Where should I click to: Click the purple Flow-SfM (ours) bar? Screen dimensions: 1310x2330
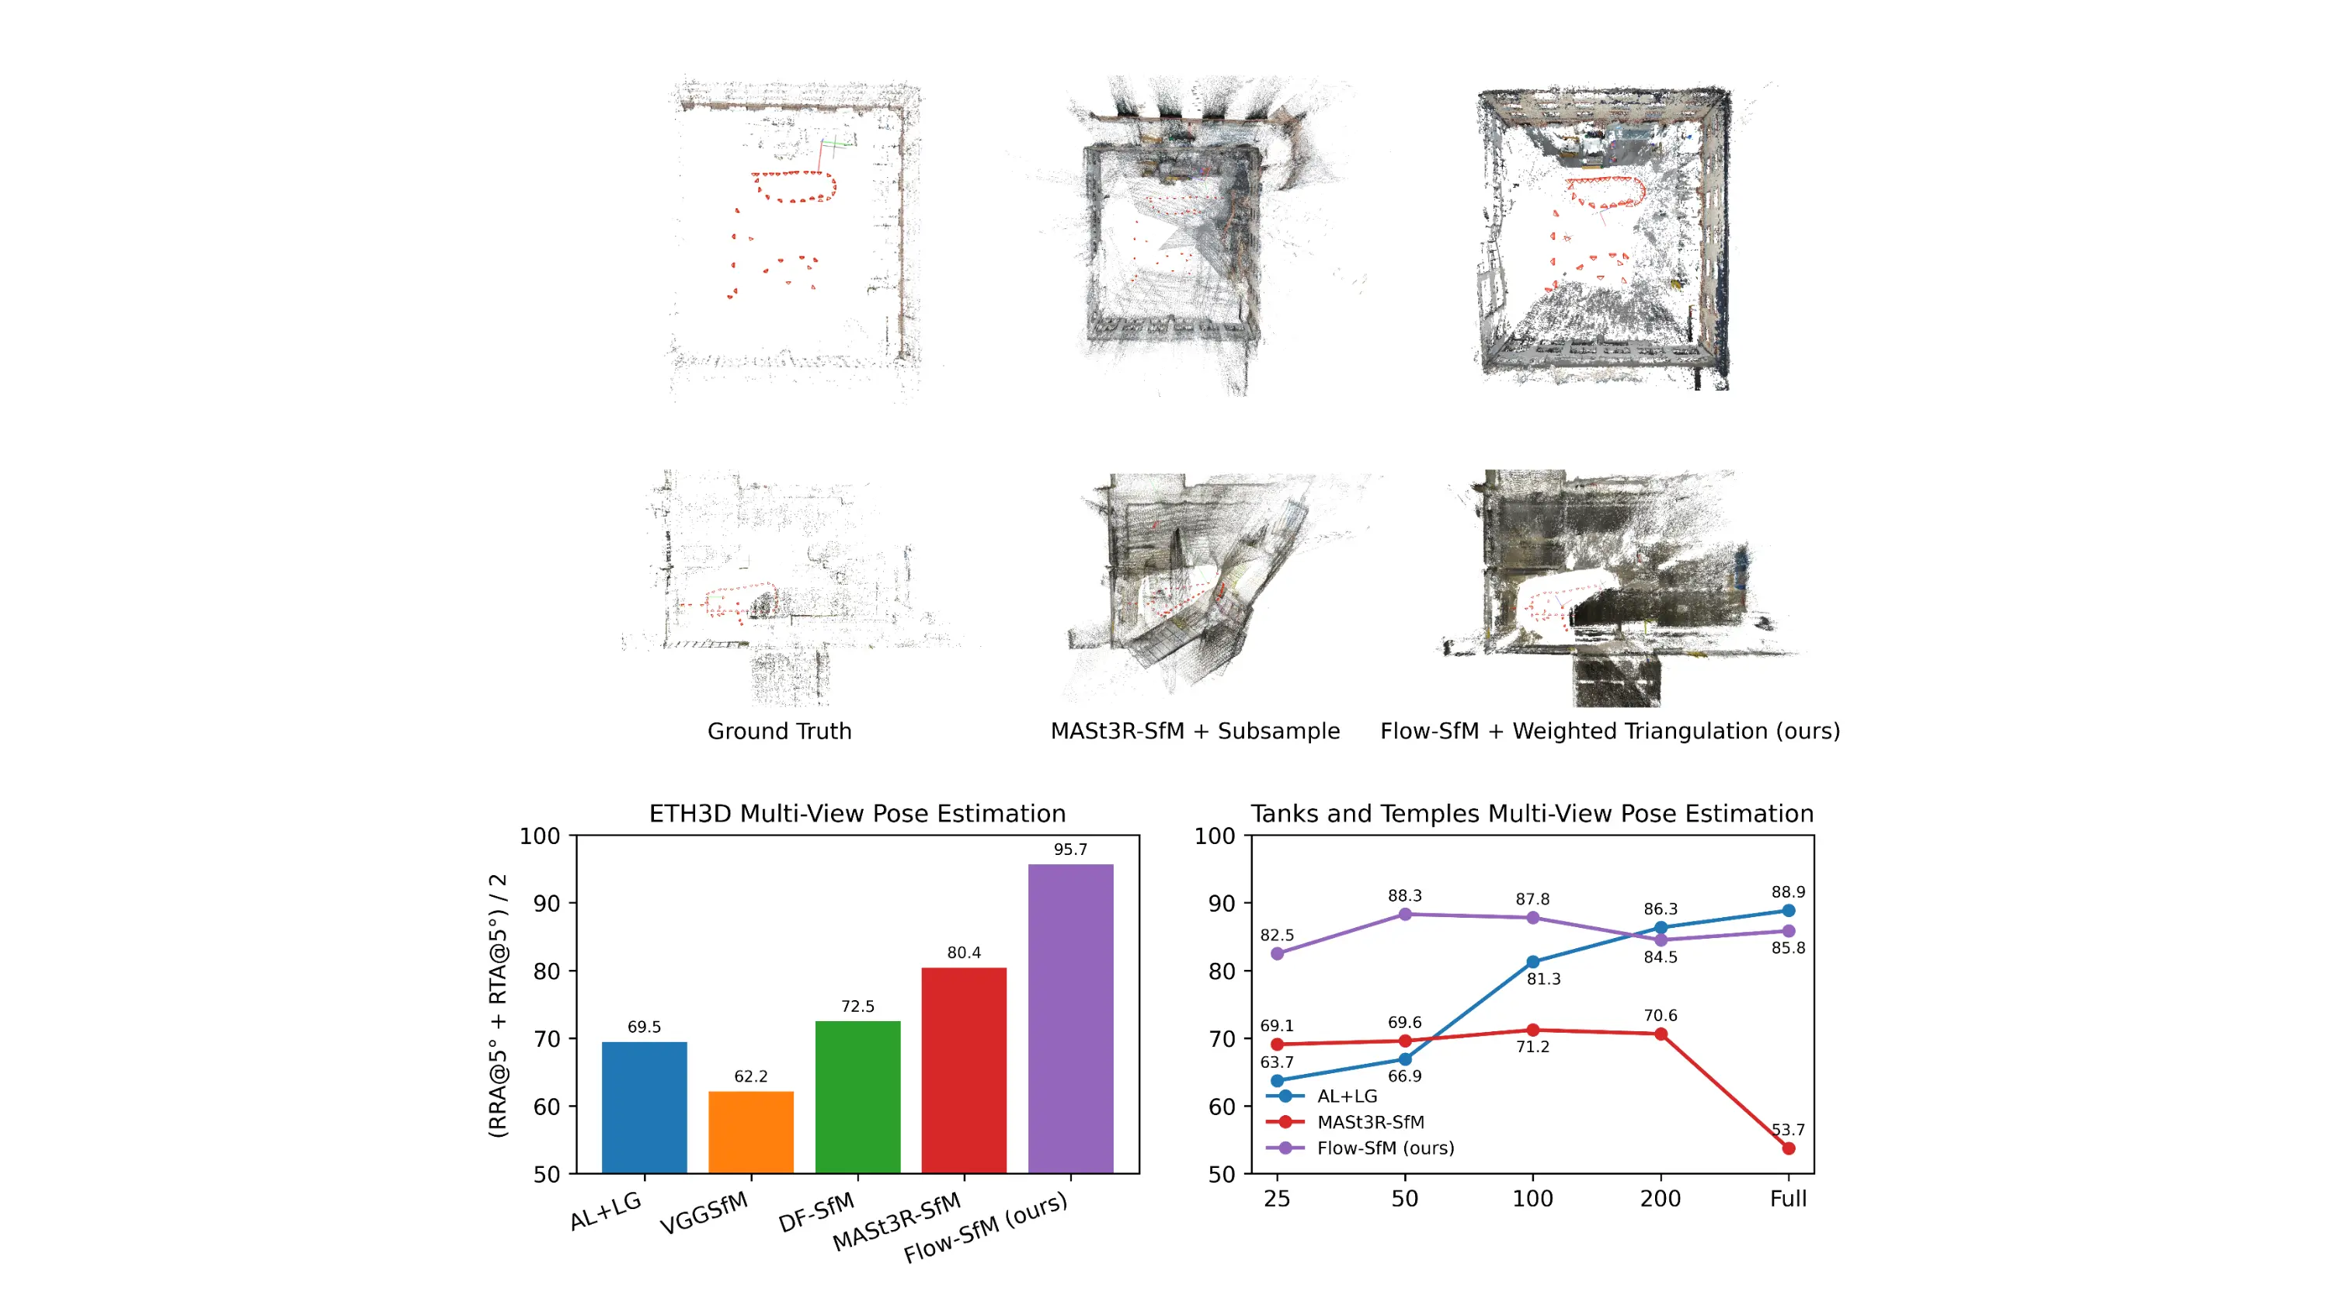(x=1070, y=1019)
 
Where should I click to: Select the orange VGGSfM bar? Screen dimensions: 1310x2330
(x=751, y=1132)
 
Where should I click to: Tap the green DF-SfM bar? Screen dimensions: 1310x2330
(x=857, y=1096)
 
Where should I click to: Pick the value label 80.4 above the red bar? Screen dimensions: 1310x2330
(x=964, y=952)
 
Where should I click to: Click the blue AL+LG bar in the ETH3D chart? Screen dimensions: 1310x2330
(x=644, y=1107)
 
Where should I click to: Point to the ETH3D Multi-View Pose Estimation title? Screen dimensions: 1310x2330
(x=857, y=814)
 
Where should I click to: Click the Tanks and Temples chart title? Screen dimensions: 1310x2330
(x=1532, y=814)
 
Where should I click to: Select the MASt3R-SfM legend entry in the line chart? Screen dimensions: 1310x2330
(x=1369, y=1122)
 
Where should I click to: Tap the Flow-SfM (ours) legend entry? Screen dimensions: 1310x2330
(x=1385, y=1148)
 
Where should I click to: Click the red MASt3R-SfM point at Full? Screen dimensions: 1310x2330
(x=1788, y=1148)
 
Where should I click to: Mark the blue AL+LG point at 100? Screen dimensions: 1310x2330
(x=1533, y=962)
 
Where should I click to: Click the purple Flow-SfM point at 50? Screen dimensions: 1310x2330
(x=1405, y=914)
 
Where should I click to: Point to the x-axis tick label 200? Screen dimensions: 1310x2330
(x=1661, y=1199)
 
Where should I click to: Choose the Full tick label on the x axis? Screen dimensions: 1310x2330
(x=1788, y=1199)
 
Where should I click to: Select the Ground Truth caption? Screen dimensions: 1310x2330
(x=780, y=731)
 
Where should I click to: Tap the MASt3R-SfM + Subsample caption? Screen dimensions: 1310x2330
(x=1195, y=731)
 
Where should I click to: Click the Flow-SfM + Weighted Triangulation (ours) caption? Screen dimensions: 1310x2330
(x=1610, y=731)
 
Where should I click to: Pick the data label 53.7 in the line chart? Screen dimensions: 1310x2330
(x=1787, y=1130)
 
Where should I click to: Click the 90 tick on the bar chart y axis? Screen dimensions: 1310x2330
(x=546, y=903)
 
